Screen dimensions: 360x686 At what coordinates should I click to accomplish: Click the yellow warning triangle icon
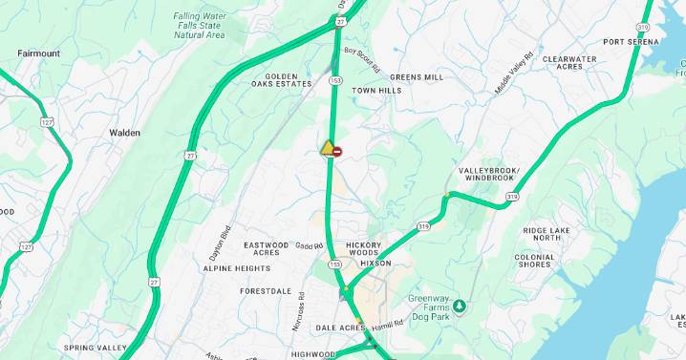pos(328,148)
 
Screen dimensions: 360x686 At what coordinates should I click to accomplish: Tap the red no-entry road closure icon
pos(337,151)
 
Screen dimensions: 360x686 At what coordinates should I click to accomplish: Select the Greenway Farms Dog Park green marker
pos(460,306)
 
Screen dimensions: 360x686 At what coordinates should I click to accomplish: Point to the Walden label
pos(124,133)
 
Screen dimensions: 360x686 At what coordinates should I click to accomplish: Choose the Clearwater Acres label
pos(569,63)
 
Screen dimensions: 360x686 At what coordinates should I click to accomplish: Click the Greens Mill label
pos(417,76)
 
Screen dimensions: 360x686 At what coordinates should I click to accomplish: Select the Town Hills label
pos(376,91)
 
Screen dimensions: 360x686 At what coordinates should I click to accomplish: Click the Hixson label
pos(375,263)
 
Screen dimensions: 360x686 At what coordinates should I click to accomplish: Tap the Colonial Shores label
pos(534,261)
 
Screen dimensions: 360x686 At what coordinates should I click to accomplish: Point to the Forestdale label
pos(265,290)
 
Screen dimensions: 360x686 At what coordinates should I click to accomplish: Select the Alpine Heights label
pos(236,268)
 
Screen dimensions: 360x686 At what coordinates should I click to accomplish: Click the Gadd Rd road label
pos(310,246)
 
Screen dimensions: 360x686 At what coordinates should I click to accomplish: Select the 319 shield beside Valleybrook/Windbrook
pos(512,197)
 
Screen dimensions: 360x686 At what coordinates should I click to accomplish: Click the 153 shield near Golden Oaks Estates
pos(335,81)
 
